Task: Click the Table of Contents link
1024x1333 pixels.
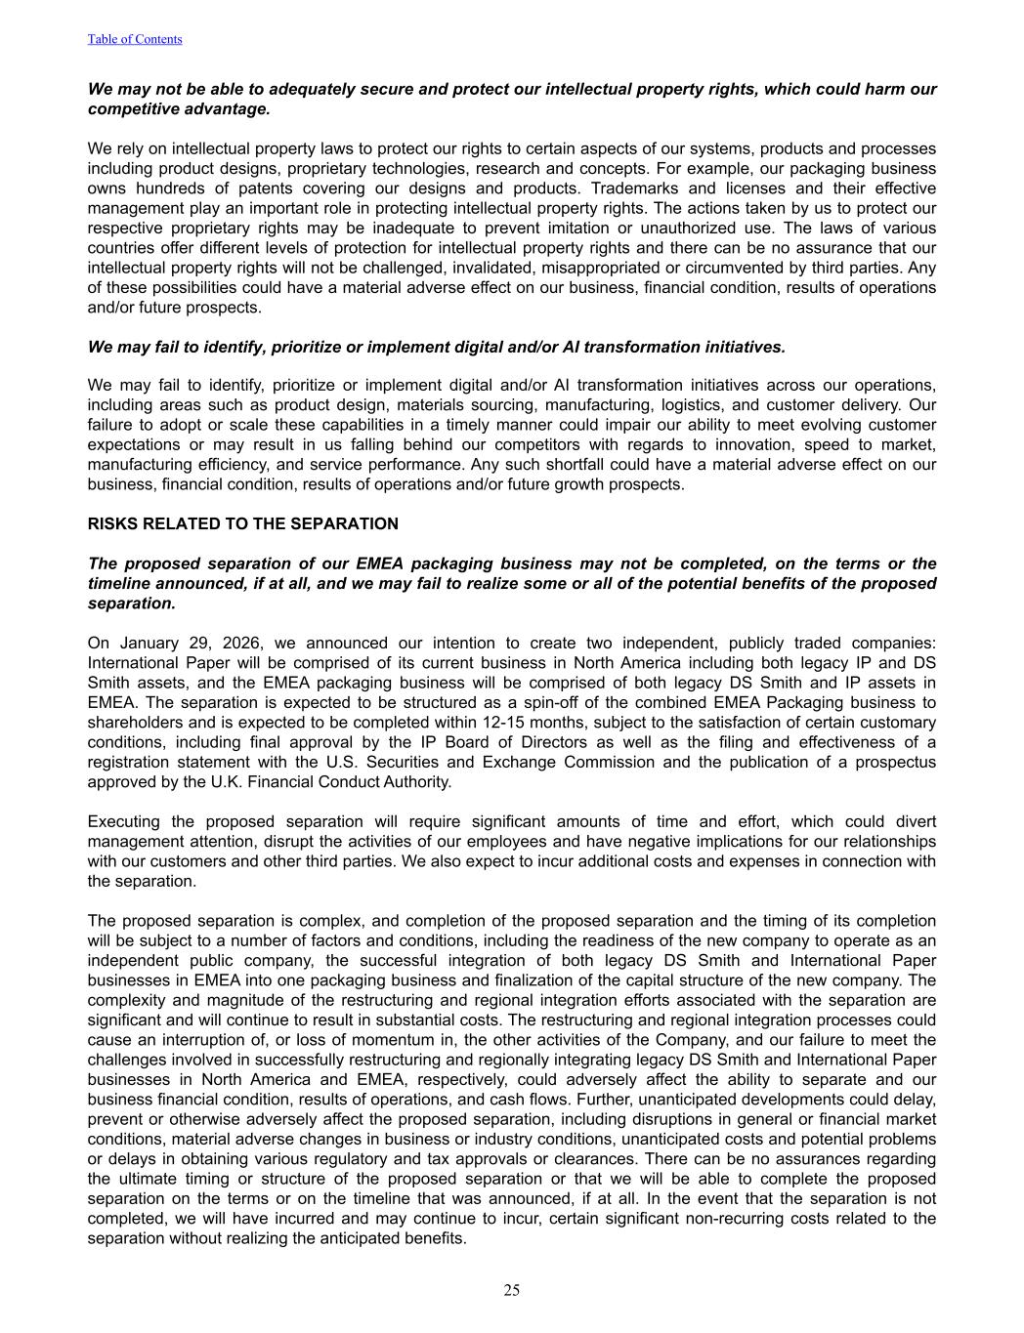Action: tap(135, 39)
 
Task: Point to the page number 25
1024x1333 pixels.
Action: tap(512, 1290)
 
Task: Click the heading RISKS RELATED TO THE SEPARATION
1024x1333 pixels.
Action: tap(243, 523)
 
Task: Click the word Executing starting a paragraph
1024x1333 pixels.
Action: tap(122, 821)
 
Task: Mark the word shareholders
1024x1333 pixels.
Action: tap(132, 722)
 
